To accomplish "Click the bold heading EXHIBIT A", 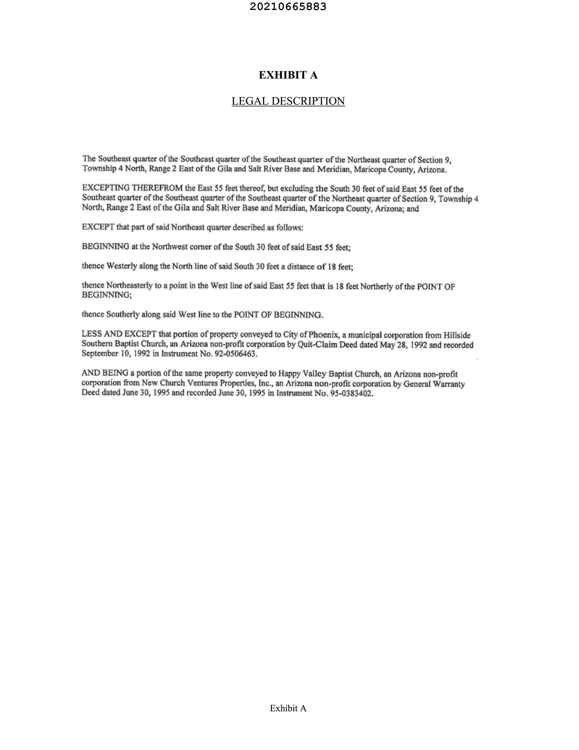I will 288,75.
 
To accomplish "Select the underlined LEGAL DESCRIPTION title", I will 288,101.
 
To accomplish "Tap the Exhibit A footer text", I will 288,708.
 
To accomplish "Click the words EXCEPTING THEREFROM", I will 132,188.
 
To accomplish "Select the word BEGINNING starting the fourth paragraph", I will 106,247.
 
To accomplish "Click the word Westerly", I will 122,266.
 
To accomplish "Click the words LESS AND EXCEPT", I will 119,334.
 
